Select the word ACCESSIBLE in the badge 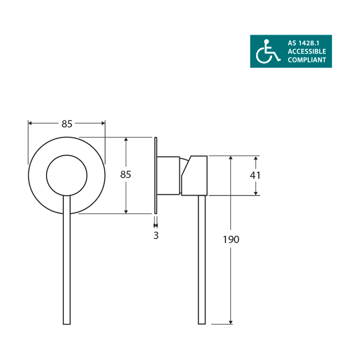click(x=307, y=51)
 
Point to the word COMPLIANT click(x=307, y=60)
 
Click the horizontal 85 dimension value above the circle click(x=67, y=124)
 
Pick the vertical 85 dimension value click(x=126, y=175)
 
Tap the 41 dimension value click(x=255, y=175)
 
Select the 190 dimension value click(x=231, y=239)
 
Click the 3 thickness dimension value click(x=156, y=235)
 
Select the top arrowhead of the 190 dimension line click(x=231, y=158)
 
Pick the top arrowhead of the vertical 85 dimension click(x=126, y=139)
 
